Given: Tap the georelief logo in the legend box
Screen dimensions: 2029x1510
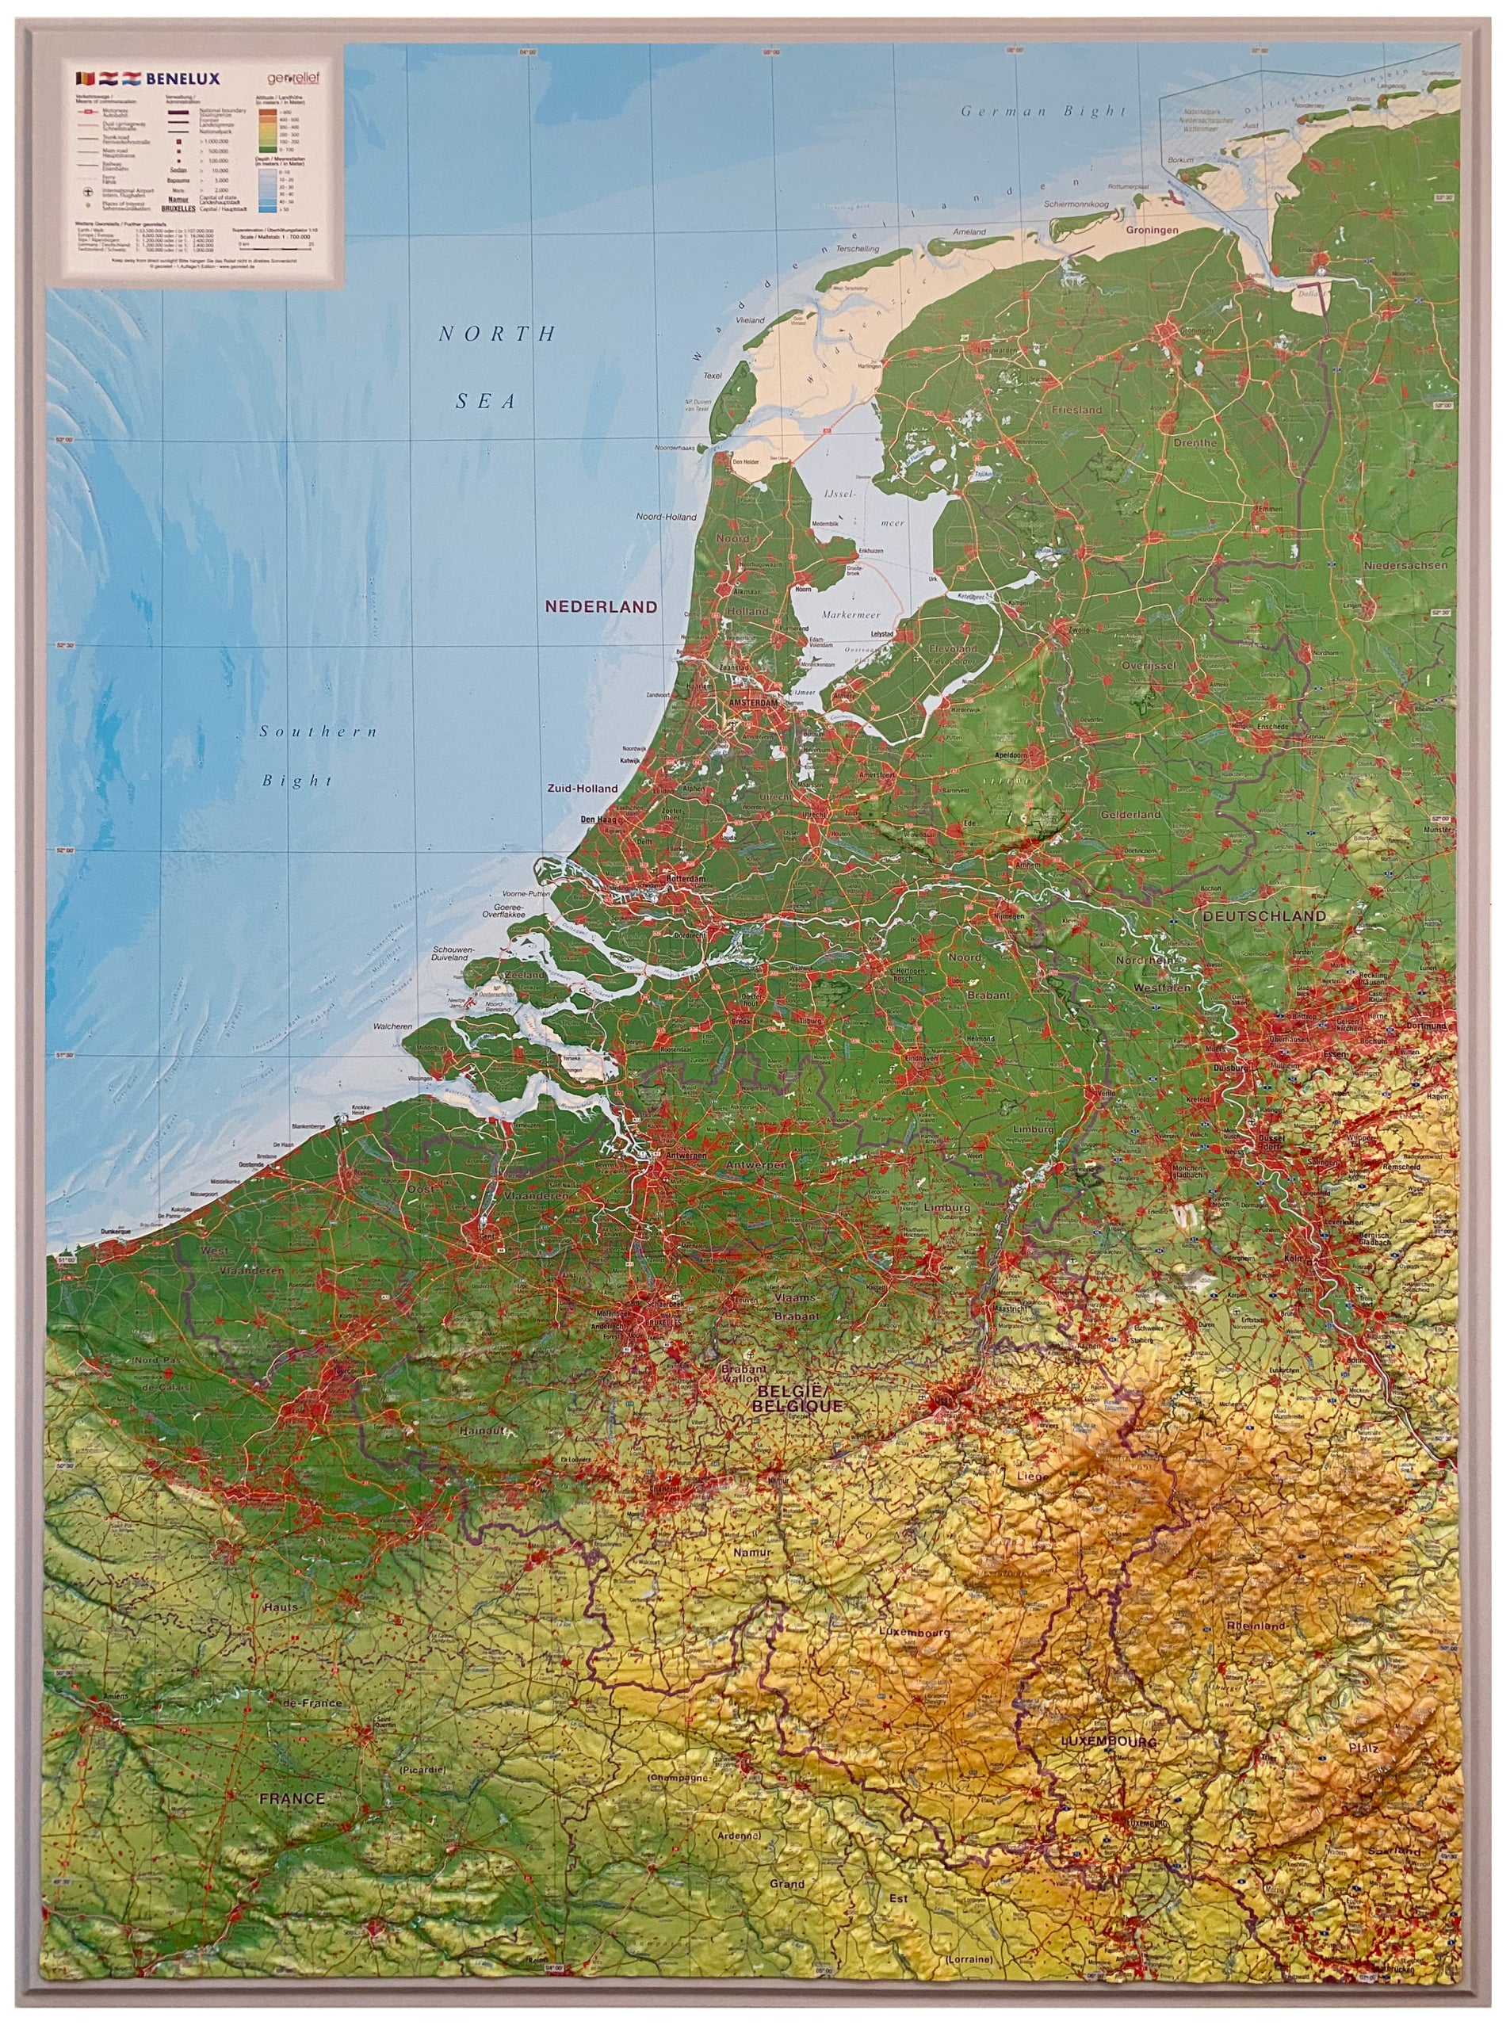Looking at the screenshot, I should [x=293, y=79].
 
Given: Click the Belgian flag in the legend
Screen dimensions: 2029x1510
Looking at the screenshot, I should [x=86, y=79].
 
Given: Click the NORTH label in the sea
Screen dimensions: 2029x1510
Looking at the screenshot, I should [x=497, y=334].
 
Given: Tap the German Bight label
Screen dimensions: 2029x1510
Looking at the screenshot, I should [x=1043, y=112].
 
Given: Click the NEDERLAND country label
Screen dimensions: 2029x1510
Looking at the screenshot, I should [x=601, y=607].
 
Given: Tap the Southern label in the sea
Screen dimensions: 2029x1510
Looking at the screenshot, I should [x=317, y=732].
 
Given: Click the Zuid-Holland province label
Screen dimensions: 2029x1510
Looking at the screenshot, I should [x=583, y=789].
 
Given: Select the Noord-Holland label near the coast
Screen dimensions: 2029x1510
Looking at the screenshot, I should [x=667, y=518].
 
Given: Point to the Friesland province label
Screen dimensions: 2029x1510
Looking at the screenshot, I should [x=1076, y=411].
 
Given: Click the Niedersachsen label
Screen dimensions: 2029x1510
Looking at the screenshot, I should [x=1405, y=566].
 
